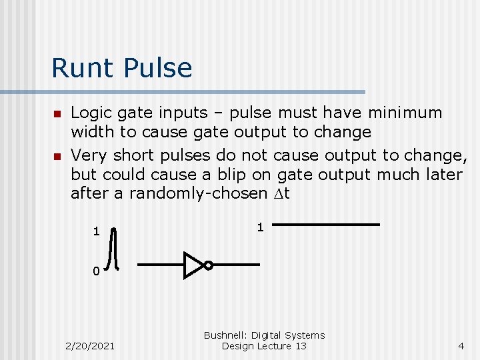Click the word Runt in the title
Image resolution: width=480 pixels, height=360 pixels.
[x=79, y=68]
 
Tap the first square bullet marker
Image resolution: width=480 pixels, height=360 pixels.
[x=57, y=113]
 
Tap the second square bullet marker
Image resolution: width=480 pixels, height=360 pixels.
[x=57, y=156]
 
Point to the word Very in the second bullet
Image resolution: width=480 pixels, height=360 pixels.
[x=89, y=156]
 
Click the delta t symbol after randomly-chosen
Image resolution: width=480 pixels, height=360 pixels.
[x=282, y=194]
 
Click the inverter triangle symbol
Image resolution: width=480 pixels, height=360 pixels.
[x=193, y=265]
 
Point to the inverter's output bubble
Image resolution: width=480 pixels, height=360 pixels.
[x=208, y=265]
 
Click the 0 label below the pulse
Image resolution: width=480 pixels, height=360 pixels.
[x=96, y=271]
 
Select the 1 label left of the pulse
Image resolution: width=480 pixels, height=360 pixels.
[x=96, y=232]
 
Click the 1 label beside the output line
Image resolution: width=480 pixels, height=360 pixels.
[x=260, y=227]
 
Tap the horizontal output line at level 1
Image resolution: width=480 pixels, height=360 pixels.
[x=327, y=225]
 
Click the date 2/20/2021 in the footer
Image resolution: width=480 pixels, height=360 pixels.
[x=90, y=346]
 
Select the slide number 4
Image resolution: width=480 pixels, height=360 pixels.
[x=461, y=346]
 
